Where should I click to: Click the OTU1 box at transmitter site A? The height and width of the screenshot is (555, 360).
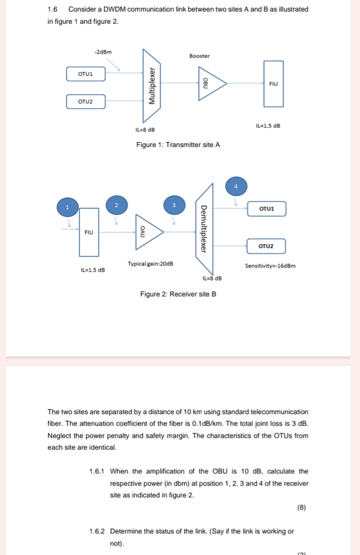click(85, 73)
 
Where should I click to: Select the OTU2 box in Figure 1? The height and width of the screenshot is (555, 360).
click(85, 102)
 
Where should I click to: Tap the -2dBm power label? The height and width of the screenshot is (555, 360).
click(103, 52)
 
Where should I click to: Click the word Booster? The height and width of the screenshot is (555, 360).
click(199, 56)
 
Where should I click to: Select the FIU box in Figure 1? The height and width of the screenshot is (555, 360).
click(272, 84)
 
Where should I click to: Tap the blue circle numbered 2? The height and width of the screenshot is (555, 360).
click(116, 205)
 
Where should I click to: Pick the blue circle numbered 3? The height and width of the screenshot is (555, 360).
click(174, 205)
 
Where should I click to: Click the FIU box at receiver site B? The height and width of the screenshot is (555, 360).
click(89, 232)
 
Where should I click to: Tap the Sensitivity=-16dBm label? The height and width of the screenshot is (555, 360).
click(270, 266)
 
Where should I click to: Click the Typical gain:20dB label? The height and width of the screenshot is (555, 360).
click(150, 264)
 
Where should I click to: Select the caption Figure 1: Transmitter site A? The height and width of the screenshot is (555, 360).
click(178, 145)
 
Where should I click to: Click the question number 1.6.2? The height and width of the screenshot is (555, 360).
click(97, 531)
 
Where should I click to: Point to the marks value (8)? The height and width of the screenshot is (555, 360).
click(301, 507)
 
